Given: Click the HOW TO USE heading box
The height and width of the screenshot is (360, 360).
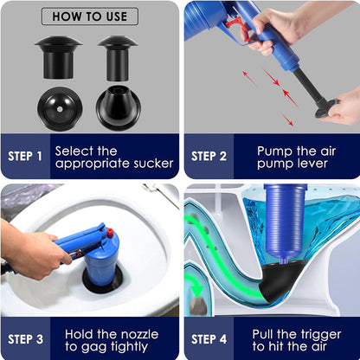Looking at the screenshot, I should click(x=89, y=16).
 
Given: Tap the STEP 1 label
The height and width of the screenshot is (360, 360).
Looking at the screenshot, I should click(x=24, y=156).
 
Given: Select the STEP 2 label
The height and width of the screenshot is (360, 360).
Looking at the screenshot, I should click(x=208, y=156).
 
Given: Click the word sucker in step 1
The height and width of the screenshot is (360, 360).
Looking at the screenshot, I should click(x=151, y=163).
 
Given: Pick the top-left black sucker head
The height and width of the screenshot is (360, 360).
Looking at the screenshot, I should click(x=59, y=55).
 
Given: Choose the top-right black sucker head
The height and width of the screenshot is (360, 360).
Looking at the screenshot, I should click(x=118, y=55).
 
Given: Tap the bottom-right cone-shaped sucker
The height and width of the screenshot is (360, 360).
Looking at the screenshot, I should click(x=118, y=109).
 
